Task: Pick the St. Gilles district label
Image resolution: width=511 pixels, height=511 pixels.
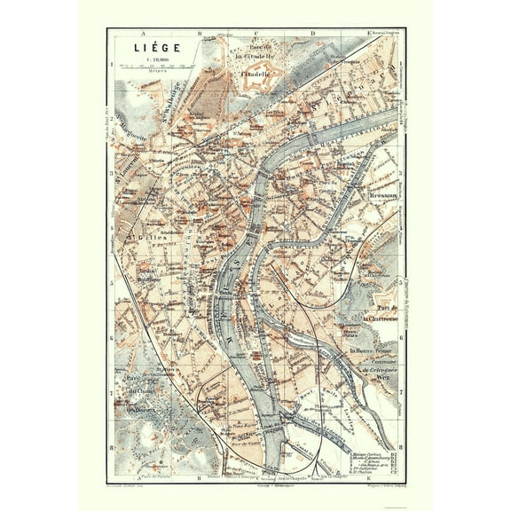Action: click(142, 238)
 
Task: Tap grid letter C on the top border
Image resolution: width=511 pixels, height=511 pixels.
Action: click(254, 33)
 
